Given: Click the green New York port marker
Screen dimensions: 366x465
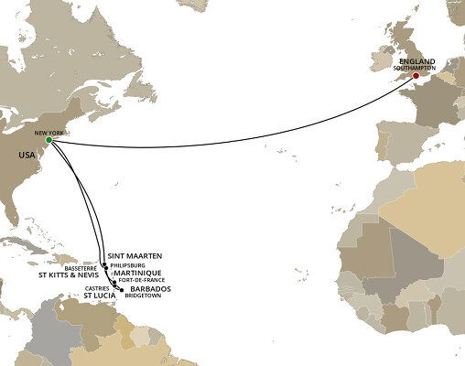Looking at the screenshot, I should click(x=49, y=140).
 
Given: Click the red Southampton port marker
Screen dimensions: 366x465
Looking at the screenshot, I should click(x=416, y=76).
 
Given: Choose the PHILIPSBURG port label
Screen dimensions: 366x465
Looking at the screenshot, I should click(x=130, y=264).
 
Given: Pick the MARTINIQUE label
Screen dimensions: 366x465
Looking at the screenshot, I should click(x=137, y=273).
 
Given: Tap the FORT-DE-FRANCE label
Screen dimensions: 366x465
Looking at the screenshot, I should click(x=141, y=282).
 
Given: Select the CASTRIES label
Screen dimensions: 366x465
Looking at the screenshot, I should click(x=96, y=289).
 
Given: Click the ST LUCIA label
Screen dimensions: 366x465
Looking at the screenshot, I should click(x=98, y=297).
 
